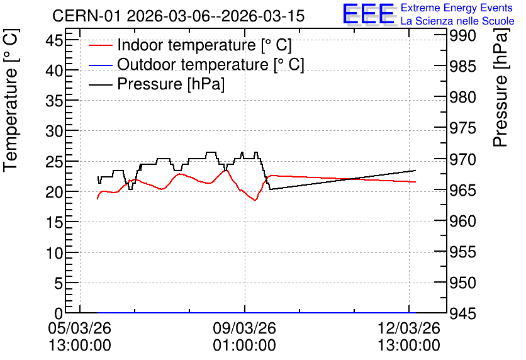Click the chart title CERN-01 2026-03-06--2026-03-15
(178, 16)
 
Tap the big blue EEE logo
(369, 14)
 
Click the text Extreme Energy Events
(457, 8)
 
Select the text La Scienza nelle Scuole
(457, 21)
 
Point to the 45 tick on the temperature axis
(54, 41)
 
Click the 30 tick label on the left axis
(54, 131)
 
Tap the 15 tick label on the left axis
(54, 222)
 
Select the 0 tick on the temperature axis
(59, 313)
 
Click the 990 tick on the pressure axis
(462, 36)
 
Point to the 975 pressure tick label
(462, 128)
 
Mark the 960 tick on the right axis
(462, 221)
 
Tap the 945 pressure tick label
(462, 314)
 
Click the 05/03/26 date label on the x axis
(80, 328)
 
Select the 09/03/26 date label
(244, 328)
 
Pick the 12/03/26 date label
(409, 328)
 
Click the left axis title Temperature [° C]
(11, 100)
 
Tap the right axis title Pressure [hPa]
(501, 87)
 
